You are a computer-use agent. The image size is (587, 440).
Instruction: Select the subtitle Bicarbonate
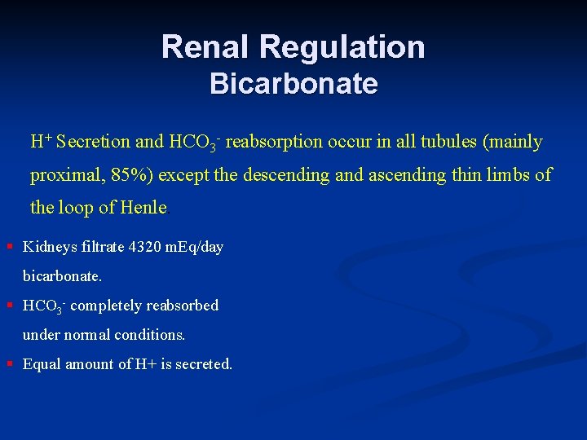coord(293,84)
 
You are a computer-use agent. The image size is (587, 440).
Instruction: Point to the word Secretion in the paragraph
coord(94,142)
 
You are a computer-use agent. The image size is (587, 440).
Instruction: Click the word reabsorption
coord(274,142)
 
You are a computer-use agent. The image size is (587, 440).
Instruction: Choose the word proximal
coord(61,175)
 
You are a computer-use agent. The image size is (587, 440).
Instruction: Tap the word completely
coord(107,306)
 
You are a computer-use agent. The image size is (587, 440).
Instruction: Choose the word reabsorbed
coord(183,306)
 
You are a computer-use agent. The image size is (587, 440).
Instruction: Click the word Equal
coord(41,364)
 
